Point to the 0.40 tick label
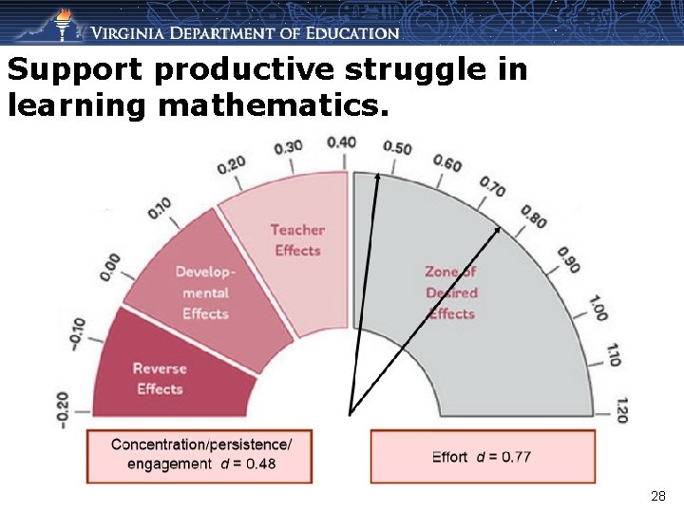342,142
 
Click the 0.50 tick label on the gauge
397,146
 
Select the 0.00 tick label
111,266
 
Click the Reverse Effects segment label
160,378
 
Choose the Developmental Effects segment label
205,293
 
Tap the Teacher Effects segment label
297,239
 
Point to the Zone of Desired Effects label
451,293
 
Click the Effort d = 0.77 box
482,457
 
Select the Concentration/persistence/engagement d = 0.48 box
200,455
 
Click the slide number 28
658,496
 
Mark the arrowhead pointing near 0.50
376,178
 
